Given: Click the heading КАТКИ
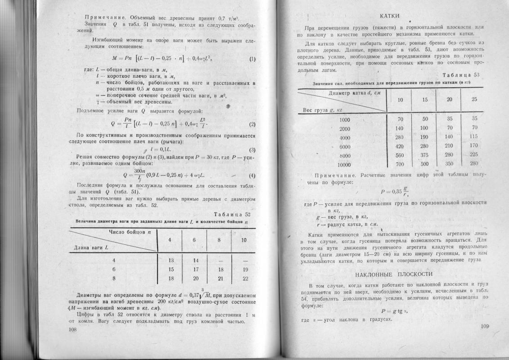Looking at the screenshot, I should pyautogui.click(x=390, y=16).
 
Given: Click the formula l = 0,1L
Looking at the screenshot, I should pyautogui.click(x=158, y=149).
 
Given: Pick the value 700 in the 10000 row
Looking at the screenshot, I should pyautogui.click(x=398, y=164).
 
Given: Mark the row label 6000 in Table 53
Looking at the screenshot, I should pyautogui.click(x=345, y=146).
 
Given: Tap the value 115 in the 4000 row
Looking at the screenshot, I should pyautogui.click(x=473, y=137).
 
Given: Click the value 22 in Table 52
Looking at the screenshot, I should pyautogui.click(x=245, y=279).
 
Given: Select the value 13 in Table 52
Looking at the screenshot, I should pyautogui.click(x=171, y=261).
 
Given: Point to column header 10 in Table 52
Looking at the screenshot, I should pyautogui.click(x=244, y=240).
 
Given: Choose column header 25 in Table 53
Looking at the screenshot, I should pyautogui.click(x=474, y=99).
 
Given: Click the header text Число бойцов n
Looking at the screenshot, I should pyautogui.click(x=130, y=232).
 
